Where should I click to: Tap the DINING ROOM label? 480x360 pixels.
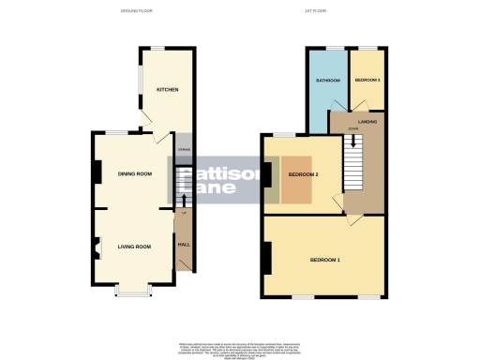click(135, 173)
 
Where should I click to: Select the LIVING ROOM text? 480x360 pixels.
click(135, 247)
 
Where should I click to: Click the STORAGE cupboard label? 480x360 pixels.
click(184, 148)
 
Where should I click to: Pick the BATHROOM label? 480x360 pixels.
click(326, 81)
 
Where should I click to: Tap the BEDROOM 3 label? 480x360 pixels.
click(367, 81)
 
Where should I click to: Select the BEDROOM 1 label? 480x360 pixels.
click(325, 258)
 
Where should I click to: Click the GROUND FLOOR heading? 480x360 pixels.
click(139, 11)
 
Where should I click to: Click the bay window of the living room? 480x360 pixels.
click(132, 292)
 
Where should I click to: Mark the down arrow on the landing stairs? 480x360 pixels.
click(353, 142)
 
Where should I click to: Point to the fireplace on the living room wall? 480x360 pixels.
click(96, 248)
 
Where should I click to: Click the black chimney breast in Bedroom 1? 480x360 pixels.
click(268, 257)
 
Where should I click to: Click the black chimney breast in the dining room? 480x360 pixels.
click(96, 172)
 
